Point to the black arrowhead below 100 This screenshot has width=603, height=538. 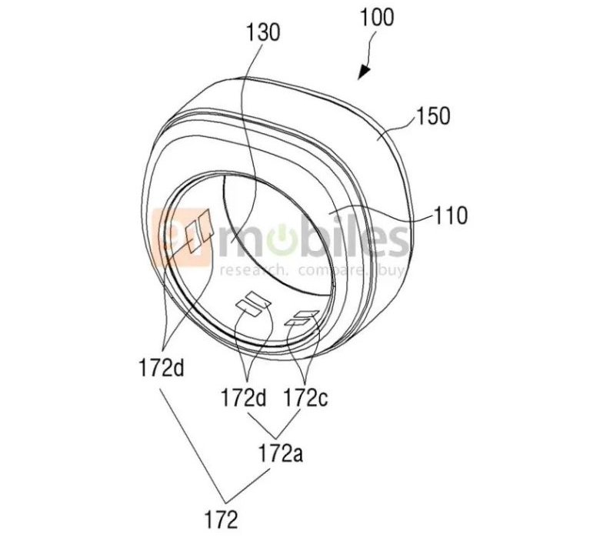click(365, 72)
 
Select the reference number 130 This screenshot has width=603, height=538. click(263, 32)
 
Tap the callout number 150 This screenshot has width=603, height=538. click(433, 115)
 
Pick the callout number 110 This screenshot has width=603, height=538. click(451, 216)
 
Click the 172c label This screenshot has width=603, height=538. click(306, 397)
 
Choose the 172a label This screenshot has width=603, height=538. click(280, 453)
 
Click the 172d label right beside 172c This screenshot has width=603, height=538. click(243, 397)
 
